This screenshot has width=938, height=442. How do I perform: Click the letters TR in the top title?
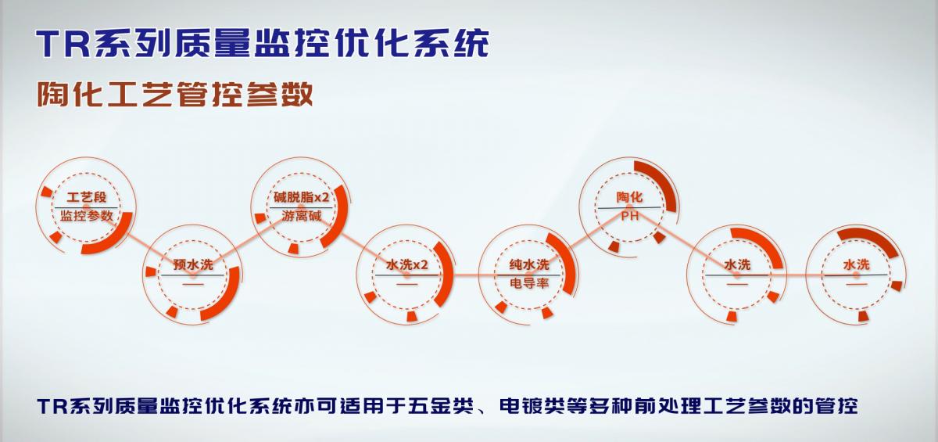click(x=63, y=44)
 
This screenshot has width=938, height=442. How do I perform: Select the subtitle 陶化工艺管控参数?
click(x=175, y=93)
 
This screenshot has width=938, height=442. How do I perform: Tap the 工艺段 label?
click(x=87, y=197)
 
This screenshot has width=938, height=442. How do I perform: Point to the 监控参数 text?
click(x=87, y=216)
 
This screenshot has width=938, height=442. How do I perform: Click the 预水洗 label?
click(x=193, y=264)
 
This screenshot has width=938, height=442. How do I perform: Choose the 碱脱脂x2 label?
click(x=301, y=197)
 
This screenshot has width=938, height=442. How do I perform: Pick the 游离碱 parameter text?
click(x=301, y=216)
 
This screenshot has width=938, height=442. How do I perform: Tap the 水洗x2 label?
click(x=406, y=264)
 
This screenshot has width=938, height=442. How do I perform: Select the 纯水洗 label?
click(x=529, y=264)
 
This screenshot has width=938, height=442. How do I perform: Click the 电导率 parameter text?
click(x=529, y=283)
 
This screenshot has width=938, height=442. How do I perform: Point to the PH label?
click(x=629, y=216)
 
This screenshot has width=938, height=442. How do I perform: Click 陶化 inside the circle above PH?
click(x=629, y=197)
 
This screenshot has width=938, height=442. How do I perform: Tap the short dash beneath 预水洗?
click(x=193, y=284)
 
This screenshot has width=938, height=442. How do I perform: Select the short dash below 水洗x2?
click(x=407, y=284)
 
